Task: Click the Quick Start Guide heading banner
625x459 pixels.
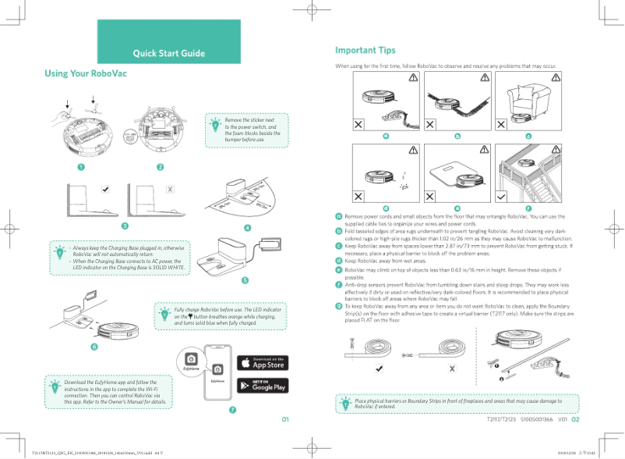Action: (168, 53)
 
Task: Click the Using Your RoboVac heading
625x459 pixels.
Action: (86, 73)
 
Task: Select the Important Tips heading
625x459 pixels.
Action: (365, 51)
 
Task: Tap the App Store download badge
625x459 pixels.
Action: (262, 362)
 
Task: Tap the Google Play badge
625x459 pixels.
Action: (262, 385)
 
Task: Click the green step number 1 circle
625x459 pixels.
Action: (79, 166)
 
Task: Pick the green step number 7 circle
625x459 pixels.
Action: (232, 409)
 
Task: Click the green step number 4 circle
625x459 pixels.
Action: (248, 228)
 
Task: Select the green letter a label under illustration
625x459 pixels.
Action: (386, 136)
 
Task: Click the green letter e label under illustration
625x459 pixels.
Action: (457, 207)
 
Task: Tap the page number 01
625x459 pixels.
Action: (285, 419)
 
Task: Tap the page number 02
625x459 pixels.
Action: (576, 419)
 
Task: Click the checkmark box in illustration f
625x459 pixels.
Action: (503, 194)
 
